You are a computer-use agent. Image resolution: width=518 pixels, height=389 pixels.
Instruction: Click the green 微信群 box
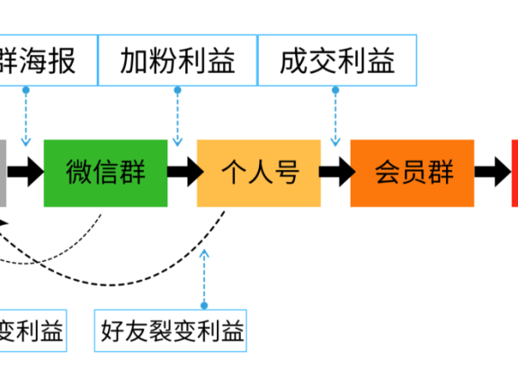coord(105,172)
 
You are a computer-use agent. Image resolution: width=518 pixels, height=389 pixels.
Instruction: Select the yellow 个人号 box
coord(259,172)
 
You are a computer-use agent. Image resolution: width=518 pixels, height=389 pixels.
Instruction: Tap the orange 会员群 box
coord(413,172)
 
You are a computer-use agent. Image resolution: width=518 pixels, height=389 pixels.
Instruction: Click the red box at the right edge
coord(514,172)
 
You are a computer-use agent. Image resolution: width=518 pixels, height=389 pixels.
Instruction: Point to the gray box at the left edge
coord(4,172)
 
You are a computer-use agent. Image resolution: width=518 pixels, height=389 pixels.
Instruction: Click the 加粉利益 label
coord(177,60)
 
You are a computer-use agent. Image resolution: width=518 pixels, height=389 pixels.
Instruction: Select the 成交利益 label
coord(337,60)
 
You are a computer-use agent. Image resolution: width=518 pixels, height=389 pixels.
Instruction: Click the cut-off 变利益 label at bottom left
coord(31,332)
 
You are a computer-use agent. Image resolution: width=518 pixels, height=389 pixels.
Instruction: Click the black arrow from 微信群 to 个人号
coord(183,172)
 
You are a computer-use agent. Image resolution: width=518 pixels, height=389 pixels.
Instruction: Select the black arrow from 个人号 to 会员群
coord(335,172)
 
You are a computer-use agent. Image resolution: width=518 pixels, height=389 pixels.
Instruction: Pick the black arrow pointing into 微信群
coord(27,172)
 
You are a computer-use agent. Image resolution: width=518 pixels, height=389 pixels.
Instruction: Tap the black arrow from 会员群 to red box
coord(492,172)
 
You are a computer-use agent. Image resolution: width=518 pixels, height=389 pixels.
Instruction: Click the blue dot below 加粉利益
coord(177,90)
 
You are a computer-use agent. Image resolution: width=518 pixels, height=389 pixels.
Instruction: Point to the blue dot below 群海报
coord(26,90)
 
